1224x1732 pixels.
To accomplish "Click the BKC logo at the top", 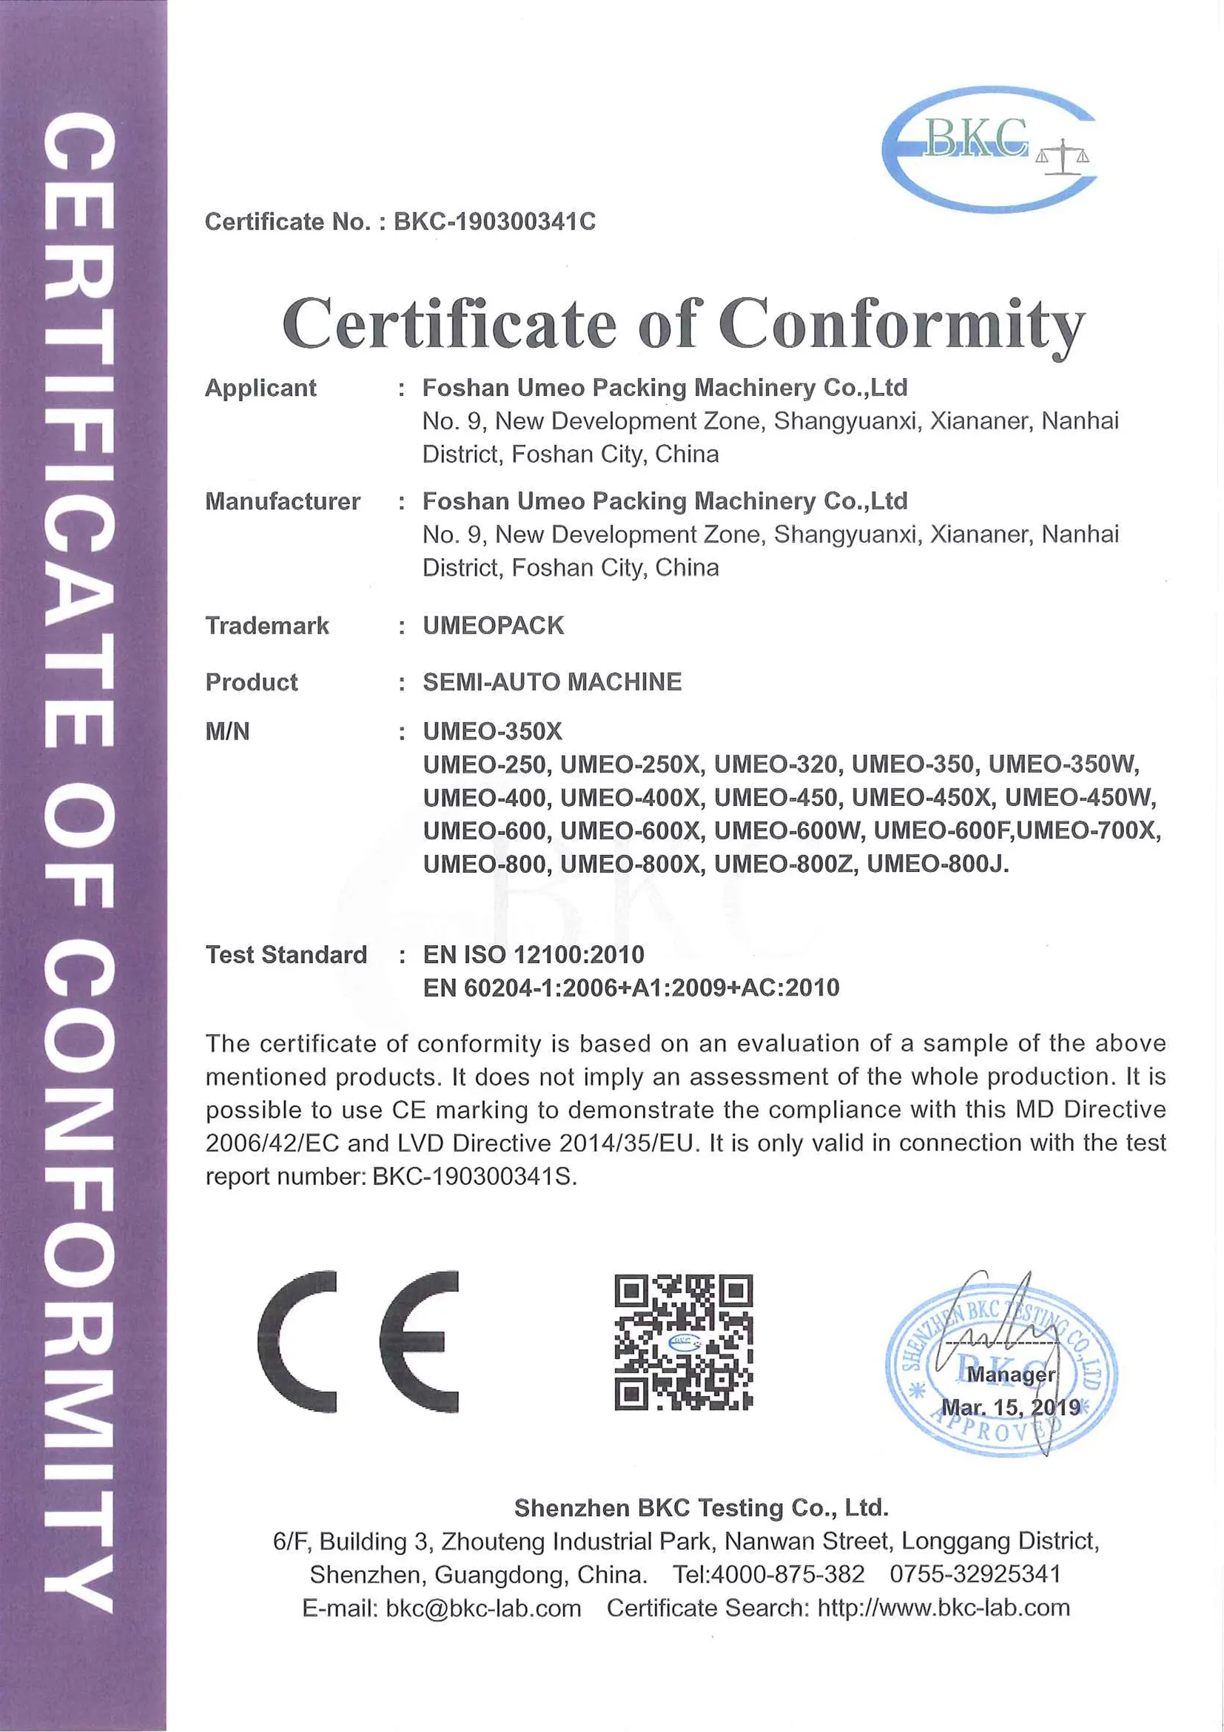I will coord(988,149).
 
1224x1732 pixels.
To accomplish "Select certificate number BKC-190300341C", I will coord(494,222).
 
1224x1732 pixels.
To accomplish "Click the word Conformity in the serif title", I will coord(901,324).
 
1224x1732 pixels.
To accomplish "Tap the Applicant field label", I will coord(260,388).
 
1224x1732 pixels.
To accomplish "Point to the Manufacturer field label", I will coord(282,502).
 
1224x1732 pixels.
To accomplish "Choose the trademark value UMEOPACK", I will coord(493,625).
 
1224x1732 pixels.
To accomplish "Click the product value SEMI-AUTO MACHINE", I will coord(552,682).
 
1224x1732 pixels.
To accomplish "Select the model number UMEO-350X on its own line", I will coord(492,731).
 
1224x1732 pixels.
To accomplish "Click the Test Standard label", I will coord(286,954).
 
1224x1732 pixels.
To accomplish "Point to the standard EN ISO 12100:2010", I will coord(534,954).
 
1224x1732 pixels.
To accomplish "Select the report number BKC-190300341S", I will coord(474,1177).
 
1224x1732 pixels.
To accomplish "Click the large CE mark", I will coord(357,1342).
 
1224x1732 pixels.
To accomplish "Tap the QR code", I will coord(683,1342).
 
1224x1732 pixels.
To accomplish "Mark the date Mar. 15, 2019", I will coord(1011,1408).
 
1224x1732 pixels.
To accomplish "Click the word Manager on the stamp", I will coord(1011,1374).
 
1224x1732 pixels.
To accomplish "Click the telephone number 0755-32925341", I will coord(975,1574).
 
